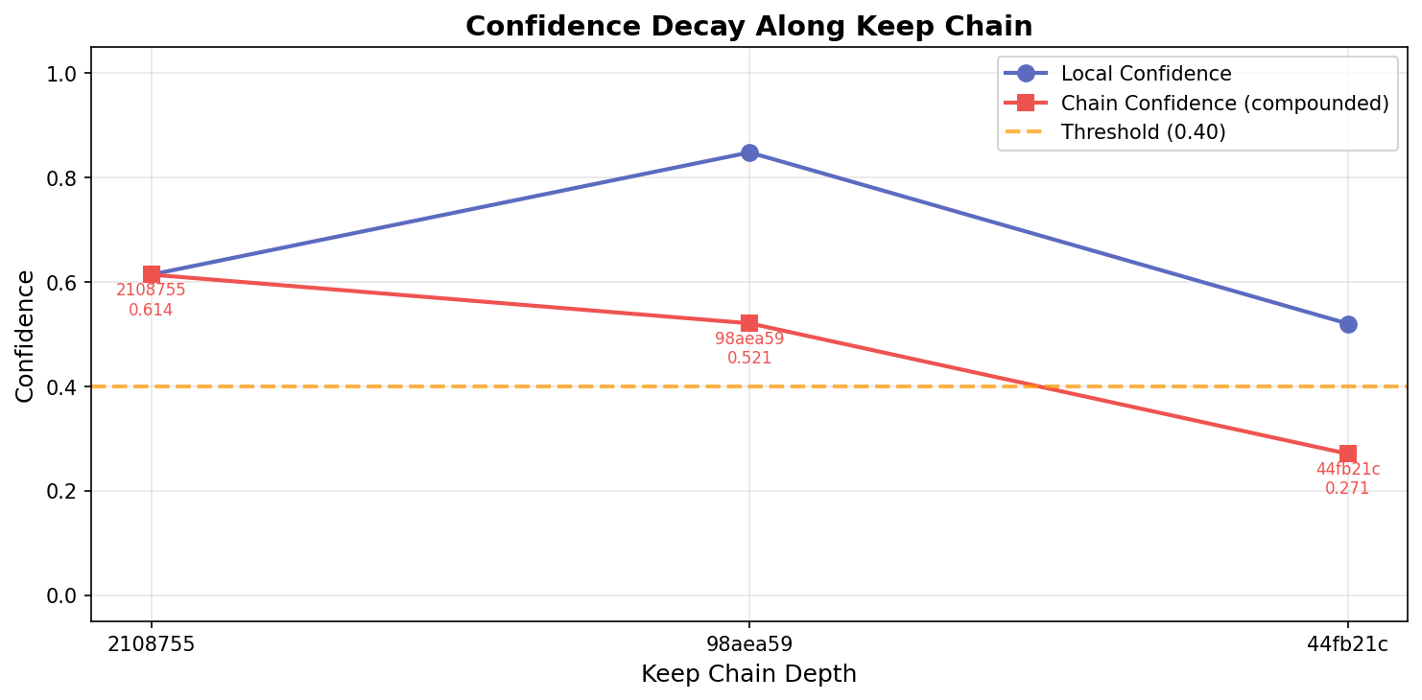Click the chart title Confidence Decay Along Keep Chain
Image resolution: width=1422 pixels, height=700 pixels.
(x=748, y=27)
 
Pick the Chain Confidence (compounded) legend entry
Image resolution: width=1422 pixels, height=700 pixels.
(x=1224, y=104)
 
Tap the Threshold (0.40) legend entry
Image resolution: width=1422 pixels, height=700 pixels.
(x=1143, y=132)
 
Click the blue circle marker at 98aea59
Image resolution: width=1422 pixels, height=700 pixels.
(x=749, y=152)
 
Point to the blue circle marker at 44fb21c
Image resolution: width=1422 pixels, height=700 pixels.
(x=1348, y=324)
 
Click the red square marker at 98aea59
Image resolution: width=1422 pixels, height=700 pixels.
(x=749, y=323)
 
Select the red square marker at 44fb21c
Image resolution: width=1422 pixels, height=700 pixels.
(x=1348, y=454)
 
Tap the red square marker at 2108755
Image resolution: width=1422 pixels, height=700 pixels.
(x=151, y=275)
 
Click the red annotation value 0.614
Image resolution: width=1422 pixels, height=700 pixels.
(x=151, y=311)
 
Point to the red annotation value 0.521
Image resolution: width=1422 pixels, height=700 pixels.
(x=749, y=359)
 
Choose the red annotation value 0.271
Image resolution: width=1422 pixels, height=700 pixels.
(x=1347, y=489)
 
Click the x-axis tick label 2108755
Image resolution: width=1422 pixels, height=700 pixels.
(x=151, y=644)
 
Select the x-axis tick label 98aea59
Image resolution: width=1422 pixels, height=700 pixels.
(x=749, y=644)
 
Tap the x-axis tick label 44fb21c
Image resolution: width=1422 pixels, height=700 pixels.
(x=1347, y=644)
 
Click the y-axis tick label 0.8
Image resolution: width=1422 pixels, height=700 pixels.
(x=63, y=178)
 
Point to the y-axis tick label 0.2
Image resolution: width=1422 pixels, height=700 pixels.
(x=63, y=492)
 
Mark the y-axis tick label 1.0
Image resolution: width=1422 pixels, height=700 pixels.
(x=63, y=74)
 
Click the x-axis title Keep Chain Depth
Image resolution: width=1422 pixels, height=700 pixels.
(x=748, y=674)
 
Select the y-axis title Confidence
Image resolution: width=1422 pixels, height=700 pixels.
(x=25, y=336)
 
